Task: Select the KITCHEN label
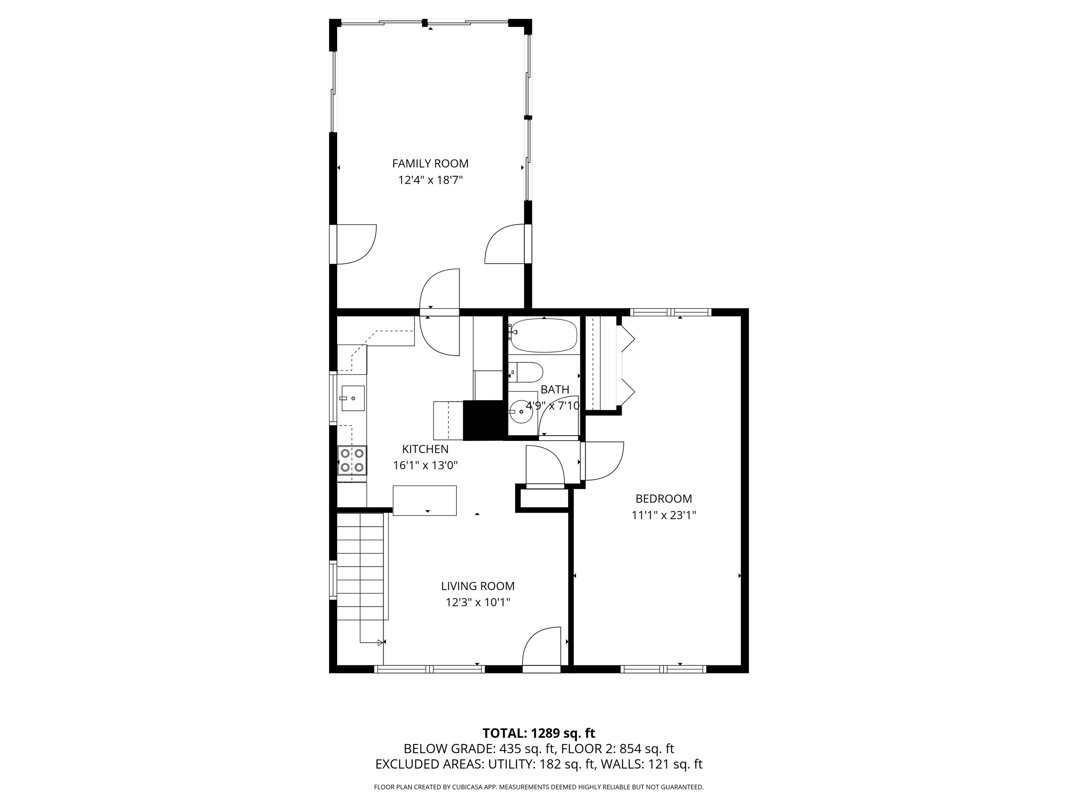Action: point(425,449)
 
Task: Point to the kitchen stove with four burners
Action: point(352,460)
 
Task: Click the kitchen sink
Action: point(353,398)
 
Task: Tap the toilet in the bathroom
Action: point(526,373)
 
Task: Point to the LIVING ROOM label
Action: point(478,586)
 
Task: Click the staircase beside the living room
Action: point(362,566)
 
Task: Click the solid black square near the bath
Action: point(483,420)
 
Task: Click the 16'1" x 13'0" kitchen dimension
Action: point(425,466)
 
